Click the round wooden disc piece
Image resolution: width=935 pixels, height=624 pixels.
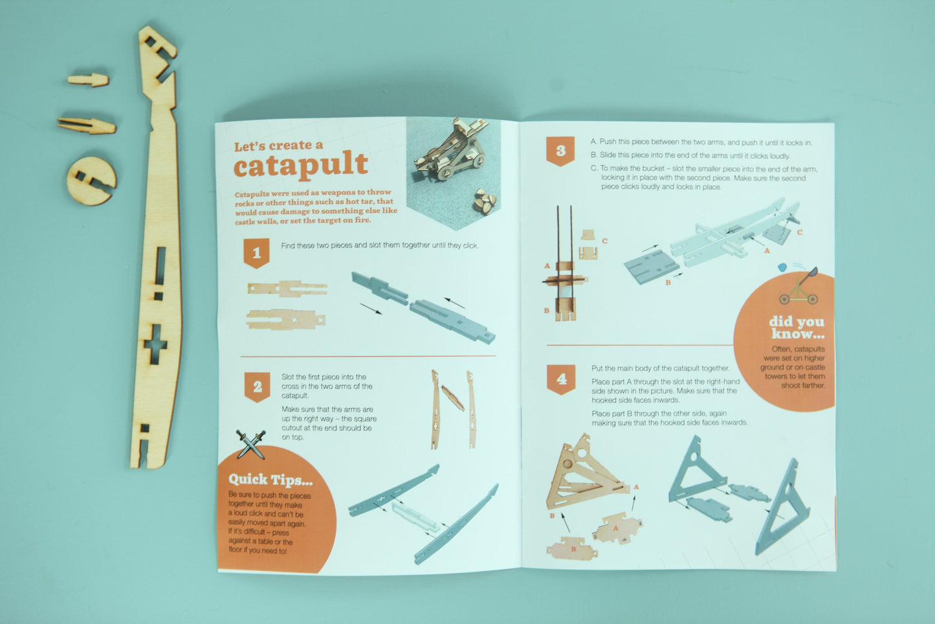click(91, 181)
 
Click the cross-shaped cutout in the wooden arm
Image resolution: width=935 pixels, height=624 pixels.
click(155, 344)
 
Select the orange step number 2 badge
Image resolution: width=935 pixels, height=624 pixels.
click(257, 386)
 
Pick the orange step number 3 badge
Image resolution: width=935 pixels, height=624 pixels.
click(560, 151)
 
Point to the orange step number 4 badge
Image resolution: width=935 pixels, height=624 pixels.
click(561, 379)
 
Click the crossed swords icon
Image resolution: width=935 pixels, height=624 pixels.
click(250, 444)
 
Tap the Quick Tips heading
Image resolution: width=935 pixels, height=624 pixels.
click(270, 480)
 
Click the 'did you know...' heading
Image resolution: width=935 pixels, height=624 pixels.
click(797, 328)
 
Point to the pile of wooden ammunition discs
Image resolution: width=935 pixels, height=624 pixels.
click(485, 201)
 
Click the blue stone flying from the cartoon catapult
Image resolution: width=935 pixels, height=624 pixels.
click(783, 267)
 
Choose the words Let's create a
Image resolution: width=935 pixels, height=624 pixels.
click(278, 146)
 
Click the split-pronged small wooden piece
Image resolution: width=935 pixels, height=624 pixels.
click(87, 126)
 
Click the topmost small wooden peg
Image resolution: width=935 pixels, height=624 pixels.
click(89, 80)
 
